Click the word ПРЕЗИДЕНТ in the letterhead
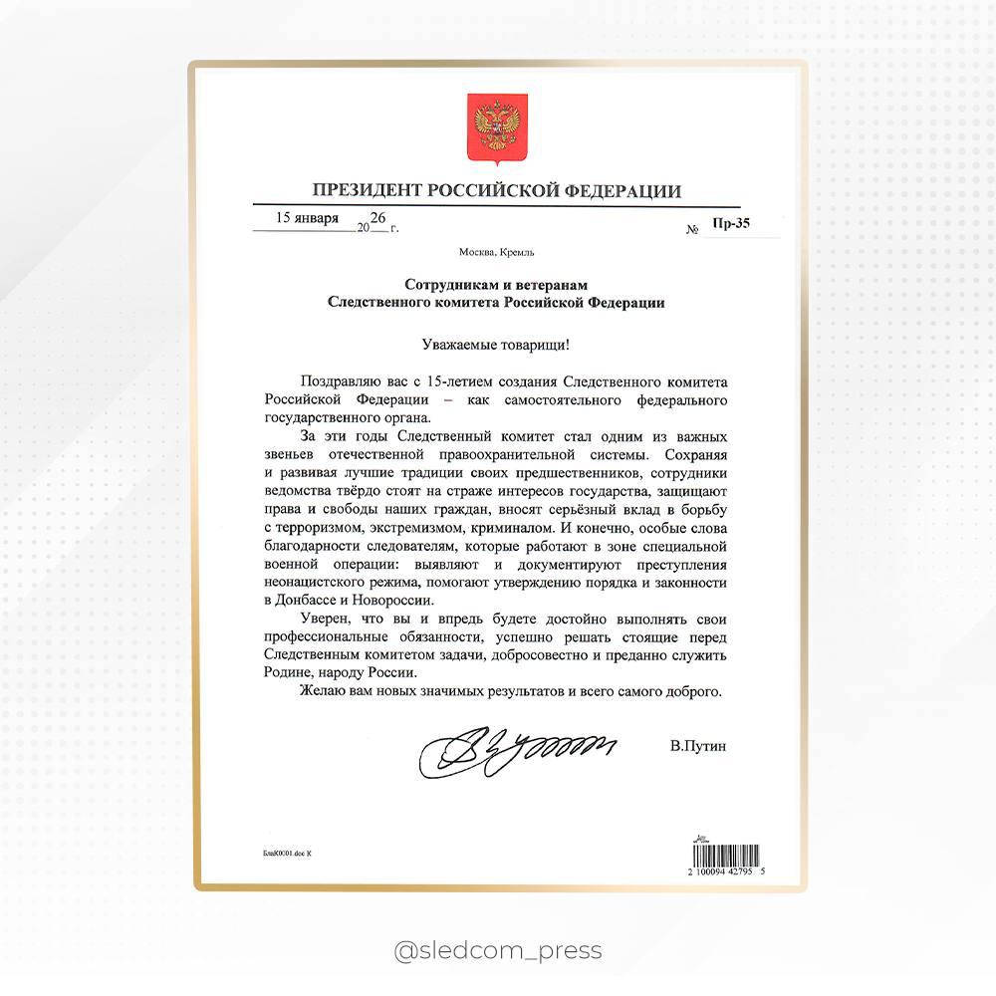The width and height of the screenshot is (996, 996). tap(361, 191)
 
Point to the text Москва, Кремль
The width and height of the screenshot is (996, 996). tap(497, 252)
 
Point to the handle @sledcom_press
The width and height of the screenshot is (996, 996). tap(498, 950)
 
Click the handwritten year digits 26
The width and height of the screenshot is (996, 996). tap(378, 218)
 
